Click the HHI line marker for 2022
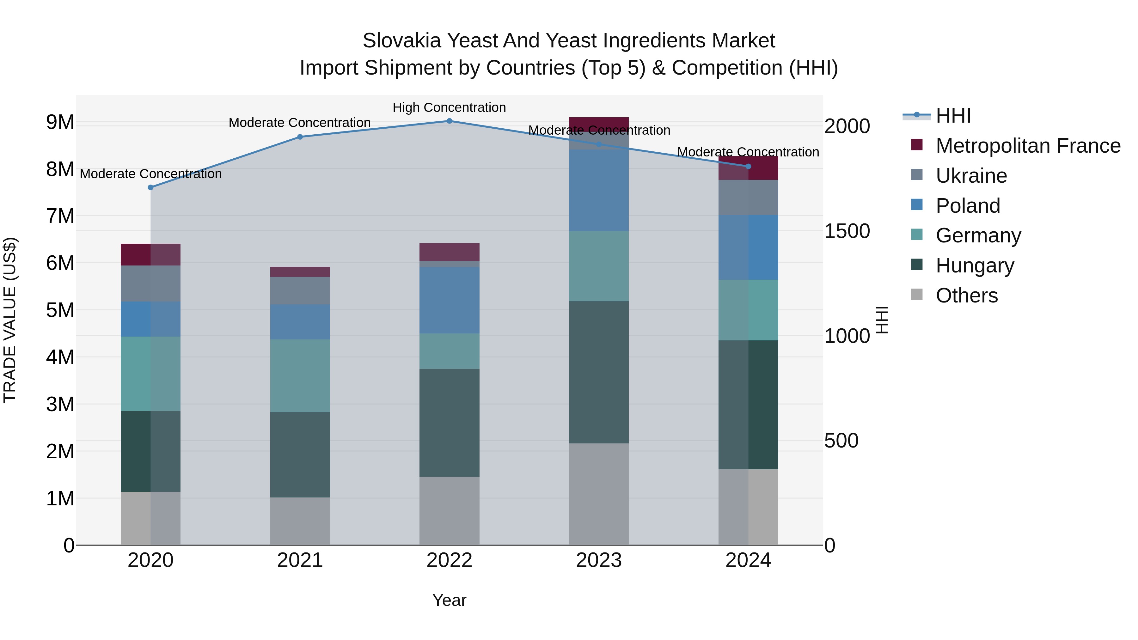(449, 121)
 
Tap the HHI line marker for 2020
(151, 187)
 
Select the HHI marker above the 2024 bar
(748, 167)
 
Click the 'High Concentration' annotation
(449, 108)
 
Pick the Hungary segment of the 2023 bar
(599, 372)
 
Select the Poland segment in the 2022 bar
(449, 300)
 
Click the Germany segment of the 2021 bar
(300, 376)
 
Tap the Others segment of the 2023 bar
(599, 494)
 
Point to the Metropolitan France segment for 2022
(449, 252)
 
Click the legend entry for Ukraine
(971, 176)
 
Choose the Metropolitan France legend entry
(1028, 146)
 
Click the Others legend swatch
(917, 295)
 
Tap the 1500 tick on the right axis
(847, 231)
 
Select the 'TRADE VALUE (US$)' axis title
(10, 320)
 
